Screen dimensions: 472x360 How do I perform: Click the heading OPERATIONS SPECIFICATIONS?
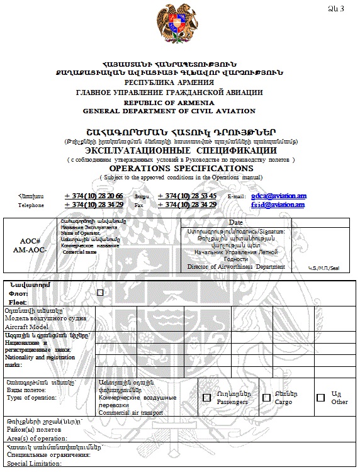click(181, 169)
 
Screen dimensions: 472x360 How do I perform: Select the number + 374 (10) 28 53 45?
click(187, 196)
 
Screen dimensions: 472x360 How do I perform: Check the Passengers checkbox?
click(207, 398)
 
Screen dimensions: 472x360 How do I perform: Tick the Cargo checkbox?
click(266, 398)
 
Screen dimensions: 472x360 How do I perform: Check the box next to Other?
click(321, 398)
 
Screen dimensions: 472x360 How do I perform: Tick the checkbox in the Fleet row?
click(100, 293)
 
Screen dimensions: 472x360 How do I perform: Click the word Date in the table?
click(236, 223)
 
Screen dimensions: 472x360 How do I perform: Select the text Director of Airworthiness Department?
click(236, 267)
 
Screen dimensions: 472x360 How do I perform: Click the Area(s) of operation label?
click(37, 438)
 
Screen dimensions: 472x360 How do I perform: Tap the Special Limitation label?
click(34, 464)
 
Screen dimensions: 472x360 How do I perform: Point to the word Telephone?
click(31, 205)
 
